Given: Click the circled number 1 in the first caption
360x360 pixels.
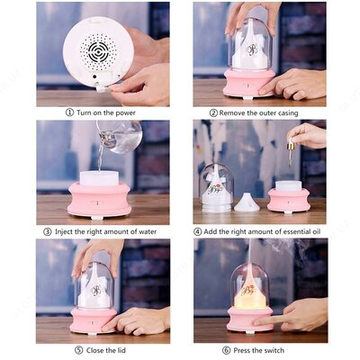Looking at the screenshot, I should point(70,112).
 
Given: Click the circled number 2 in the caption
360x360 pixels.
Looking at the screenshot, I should point(213,113).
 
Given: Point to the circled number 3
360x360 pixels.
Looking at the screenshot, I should point(48,231).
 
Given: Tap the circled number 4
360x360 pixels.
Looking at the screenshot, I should point(198,231).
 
